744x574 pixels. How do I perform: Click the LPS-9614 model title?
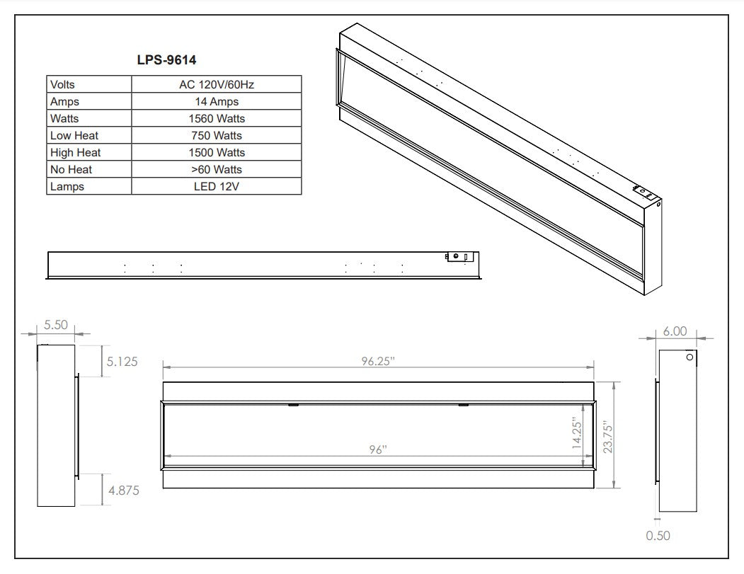(166, 59)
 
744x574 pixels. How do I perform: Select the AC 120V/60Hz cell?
(217, 84)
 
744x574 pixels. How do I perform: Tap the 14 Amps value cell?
(217, 101)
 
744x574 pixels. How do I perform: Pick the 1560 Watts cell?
(217, 119)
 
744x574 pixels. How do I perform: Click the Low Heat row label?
(74, 136)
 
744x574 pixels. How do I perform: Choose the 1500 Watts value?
(217, 153)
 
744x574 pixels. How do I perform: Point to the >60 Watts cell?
(217, 169)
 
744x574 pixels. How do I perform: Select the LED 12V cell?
(217, 186)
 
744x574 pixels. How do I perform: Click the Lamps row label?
(67, 186)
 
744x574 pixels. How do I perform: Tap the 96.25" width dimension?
(378, 361)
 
